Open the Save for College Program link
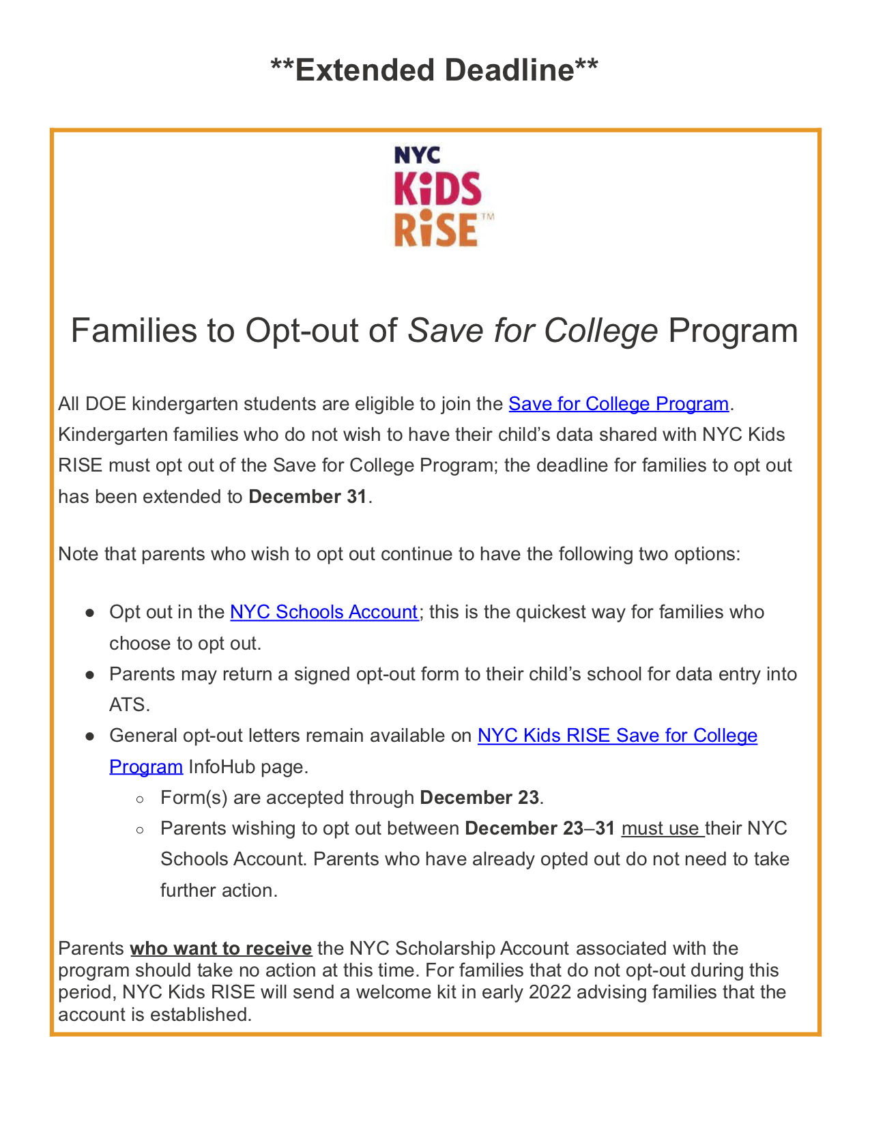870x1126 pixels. coord(618,404)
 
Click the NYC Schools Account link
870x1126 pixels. coord(323,612)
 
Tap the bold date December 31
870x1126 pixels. coord(308,497)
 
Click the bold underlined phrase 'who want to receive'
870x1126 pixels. coord(221,949)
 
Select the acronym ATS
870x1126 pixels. coord(129,705)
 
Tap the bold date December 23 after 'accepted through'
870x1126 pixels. coord(479,798)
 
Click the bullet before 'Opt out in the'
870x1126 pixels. coord(89,613)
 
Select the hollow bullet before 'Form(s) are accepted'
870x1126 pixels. coord(140,798)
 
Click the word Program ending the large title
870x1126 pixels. coord(733,331)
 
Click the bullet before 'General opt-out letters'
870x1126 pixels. coord(89,736)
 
